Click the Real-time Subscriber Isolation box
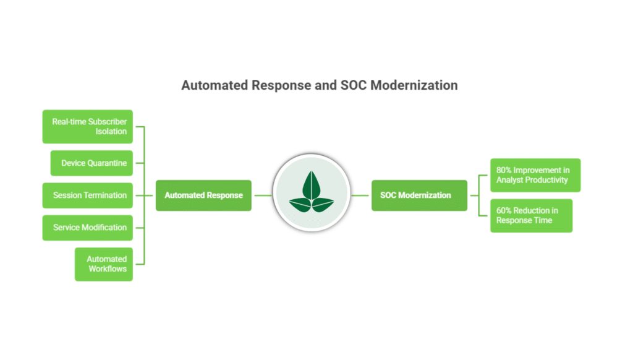88,127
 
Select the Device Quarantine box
91,163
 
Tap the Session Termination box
88,195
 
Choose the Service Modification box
88,228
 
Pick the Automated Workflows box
104,264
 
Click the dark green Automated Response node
203,195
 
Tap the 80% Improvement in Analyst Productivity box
535,175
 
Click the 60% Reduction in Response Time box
531,215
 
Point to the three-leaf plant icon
312,192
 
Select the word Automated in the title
214,85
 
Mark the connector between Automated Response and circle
262,195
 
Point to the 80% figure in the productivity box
505,170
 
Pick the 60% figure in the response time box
505,211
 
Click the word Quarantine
107,163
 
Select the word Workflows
108,269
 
